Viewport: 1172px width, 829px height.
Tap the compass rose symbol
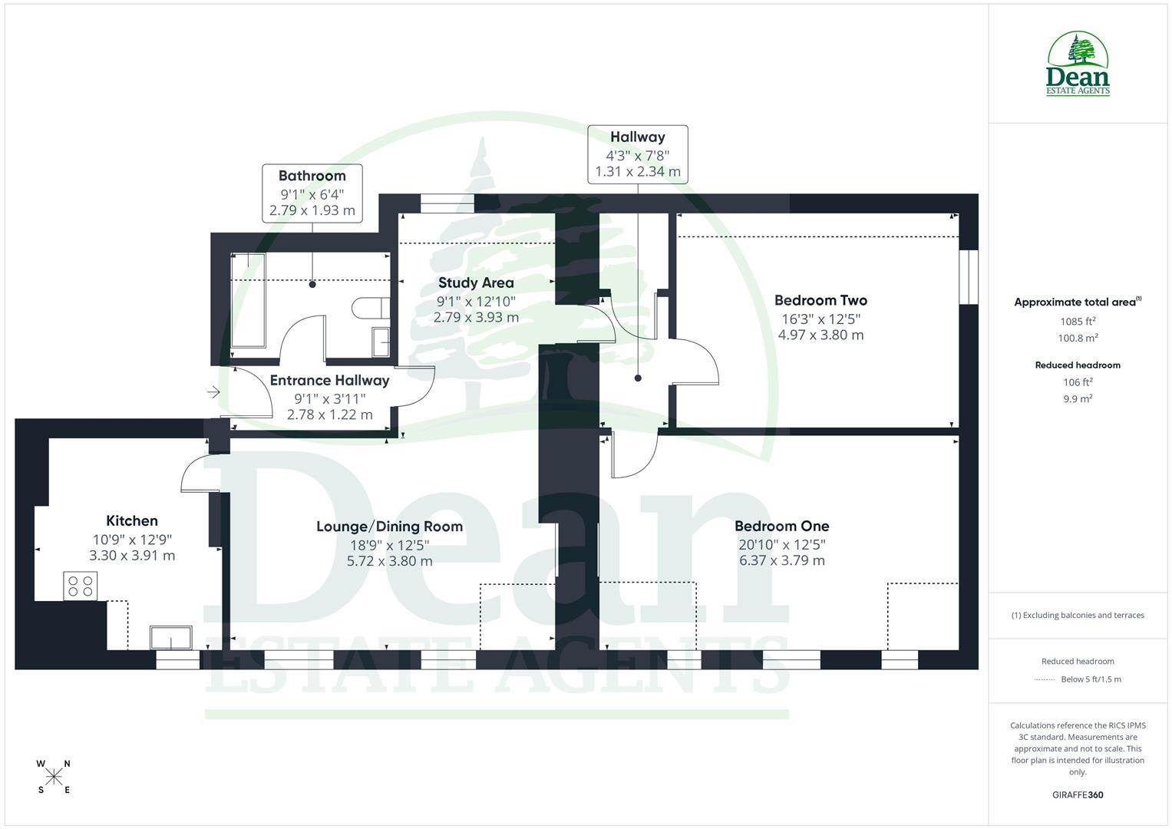(54, 777)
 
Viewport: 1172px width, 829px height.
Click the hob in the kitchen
(80, 586)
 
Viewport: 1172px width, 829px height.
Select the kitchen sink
(171, 638)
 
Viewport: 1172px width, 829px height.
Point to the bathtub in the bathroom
(248, 300)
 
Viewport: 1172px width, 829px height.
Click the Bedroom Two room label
(820, 300)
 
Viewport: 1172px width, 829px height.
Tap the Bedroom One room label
(781, 526)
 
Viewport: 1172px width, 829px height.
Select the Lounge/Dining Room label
(389, 527)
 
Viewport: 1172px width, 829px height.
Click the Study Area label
(476, 282)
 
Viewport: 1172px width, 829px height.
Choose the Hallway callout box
(637, 154)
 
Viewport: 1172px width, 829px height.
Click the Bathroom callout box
(312, 193)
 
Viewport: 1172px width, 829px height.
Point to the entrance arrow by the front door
(213, 393)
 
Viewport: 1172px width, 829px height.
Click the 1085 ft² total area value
(1078, 322)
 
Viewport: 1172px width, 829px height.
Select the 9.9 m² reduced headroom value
(1078, 399)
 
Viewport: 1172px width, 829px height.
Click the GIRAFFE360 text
(1078, 794)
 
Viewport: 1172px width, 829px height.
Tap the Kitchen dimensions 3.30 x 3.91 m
(132, 556)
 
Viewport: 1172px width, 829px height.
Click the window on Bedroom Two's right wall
(969, 277)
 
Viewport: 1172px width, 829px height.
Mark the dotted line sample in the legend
(1045, 679)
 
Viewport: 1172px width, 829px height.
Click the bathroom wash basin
(381, 342)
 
